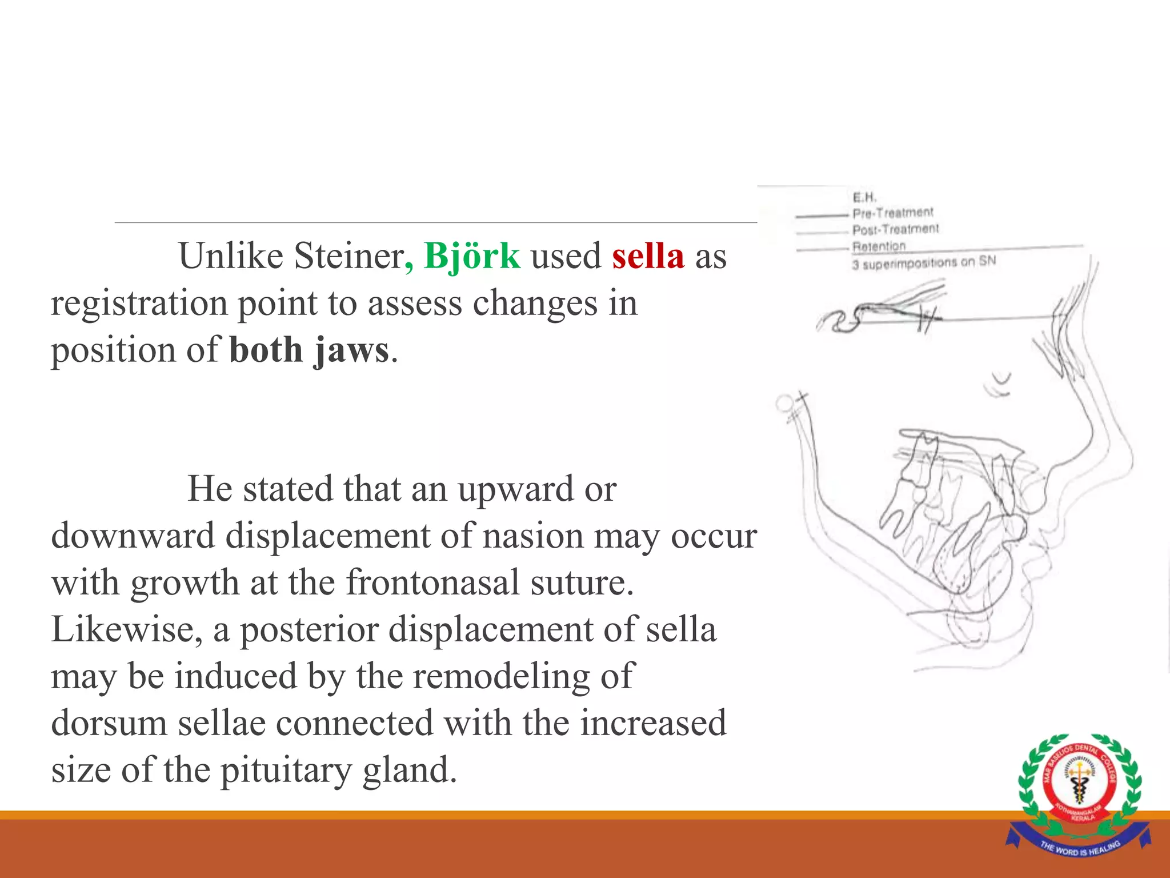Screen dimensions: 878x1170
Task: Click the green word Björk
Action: tap(472, 256)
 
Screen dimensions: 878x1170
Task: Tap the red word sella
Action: tap(648, 256)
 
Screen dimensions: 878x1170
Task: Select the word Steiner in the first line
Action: tap(348, 256)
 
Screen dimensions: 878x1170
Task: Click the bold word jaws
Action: tap(351, 350)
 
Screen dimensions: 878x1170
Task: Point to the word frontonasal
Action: tap(432, 583)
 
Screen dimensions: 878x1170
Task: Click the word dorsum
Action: tap(109, 723)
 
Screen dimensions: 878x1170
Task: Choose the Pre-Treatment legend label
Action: tap(892, 213)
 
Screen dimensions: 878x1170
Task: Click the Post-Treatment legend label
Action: tap(895, 229)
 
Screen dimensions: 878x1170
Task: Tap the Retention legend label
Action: tap(879, 246)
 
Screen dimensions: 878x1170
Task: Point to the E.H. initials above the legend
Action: tap(864, 197)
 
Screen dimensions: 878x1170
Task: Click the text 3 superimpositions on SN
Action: tap(924, 263)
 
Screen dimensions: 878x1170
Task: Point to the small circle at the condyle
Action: tap(785, 404)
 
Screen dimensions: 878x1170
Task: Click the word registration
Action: tap(139, 303)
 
